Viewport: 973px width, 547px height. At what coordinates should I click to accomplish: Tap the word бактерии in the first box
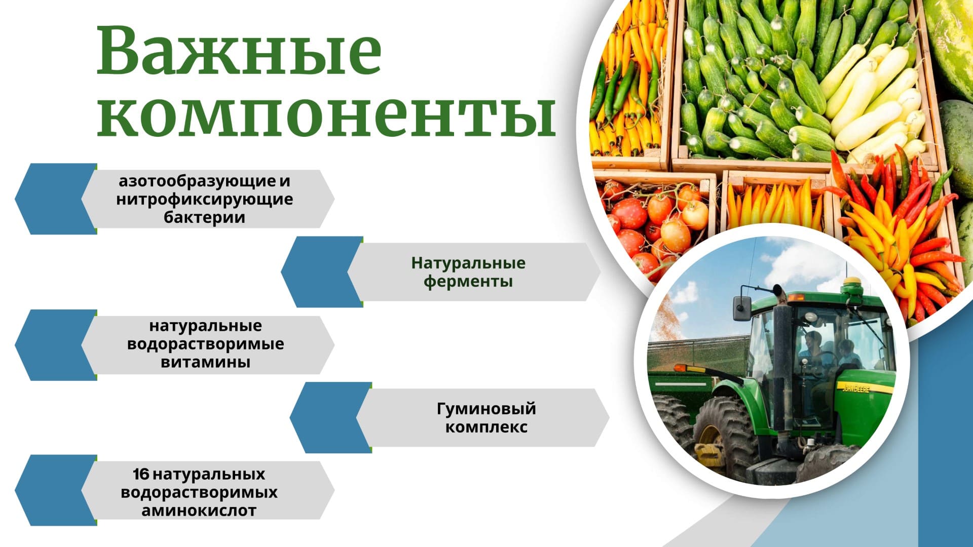click(x=204, y=217)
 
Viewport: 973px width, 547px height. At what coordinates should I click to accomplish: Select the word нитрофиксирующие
click(x=204, y=199)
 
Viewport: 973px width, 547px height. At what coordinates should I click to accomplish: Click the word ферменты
click(x=468, y=282)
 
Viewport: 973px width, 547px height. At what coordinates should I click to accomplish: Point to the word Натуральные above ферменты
click(x=468, y=263)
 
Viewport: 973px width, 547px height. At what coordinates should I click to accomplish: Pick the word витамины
click(x=205, y=362)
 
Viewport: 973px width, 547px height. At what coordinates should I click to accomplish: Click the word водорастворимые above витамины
click(x=205, y=344)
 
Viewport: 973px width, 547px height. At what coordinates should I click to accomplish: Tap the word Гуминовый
click(x=486, y=409)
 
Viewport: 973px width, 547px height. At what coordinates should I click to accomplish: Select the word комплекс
click(x=486, y=427)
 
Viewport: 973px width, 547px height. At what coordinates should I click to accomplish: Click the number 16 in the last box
click(x=141, y=474)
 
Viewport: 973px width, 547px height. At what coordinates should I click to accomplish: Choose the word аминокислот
click(x=199, y=511)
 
